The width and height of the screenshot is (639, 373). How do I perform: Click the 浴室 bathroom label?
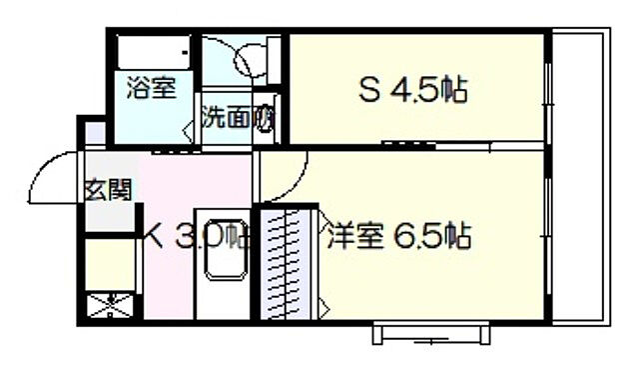151,87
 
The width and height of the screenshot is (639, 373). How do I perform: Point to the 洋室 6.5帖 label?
396,237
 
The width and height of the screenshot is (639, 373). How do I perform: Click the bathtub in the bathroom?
153,51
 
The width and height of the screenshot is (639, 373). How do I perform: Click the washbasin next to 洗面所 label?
265,115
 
